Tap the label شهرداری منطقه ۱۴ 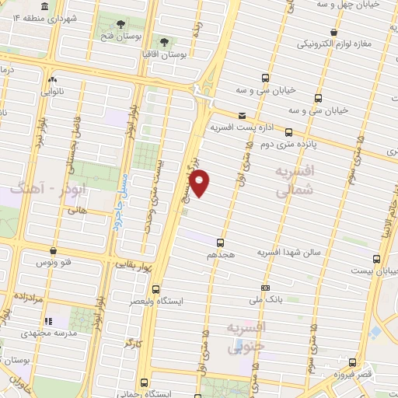tap(70, 17)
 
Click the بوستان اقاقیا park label tap(167, 54)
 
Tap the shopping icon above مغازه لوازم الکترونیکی tap(333, 32)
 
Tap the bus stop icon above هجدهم tap(221, 243)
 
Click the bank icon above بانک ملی tap(265, 286)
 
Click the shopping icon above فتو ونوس tap(53, 251)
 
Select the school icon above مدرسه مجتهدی tap(47, 321)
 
